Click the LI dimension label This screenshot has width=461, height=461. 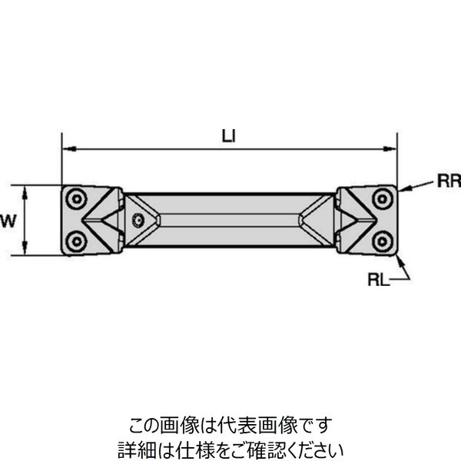click(x=228, y=137)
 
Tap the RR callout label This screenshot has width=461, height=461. click(x=448, y=182)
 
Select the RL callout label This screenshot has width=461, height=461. click(x=379, y=281)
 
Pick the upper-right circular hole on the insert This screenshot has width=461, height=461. click(x=382, y=199)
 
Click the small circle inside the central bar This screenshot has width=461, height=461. click(x=138, y=221)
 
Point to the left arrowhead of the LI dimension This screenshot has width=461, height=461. click(x=66, y=148)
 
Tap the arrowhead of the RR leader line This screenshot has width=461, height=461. click(x=402, y=189)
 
